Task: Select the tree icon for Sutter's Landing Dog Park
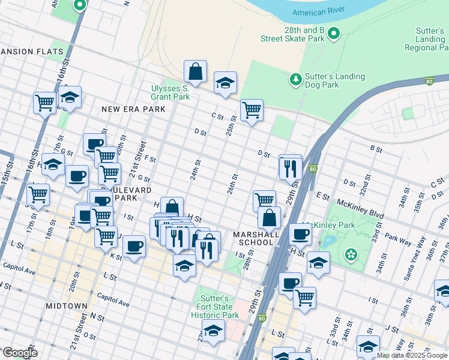click(x=295, y=79)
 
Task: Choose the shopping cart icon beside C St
click(x=252, y=110)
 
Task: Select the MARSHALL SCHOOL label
click(x=256, y=238)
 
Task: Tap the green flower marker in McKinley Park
click(x=351, y=255)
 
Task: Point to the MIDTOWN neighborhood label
click(x=67, y=306)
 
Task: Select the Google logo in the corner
click(x=19, y=353)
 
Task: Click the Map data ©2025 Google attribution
click(x=412, y=355)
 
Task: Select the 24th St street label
click(x=195, y=170)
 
